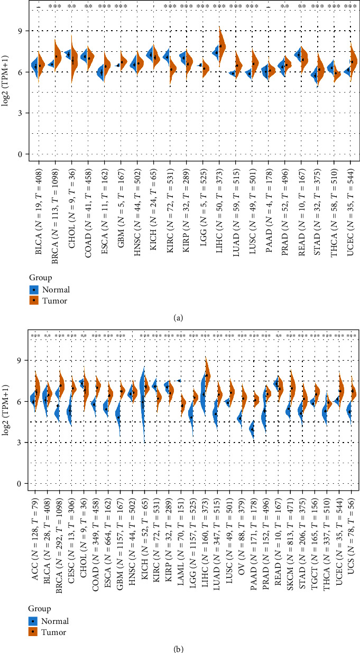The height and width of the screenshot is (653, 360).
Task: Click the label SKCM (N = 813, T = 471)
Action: click(290, 535)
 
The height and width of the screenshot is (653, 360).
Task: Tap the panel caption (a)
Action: click(180, 317)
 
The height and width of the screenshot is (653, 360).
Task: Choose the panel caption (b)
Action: click(180, 647)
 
